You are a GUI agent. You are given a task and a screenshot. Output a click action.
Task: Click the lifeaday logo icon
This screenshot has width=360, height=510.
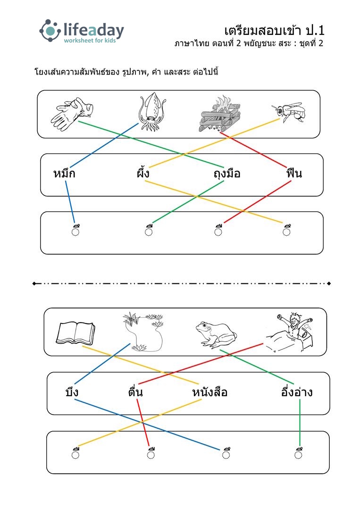point(50,31)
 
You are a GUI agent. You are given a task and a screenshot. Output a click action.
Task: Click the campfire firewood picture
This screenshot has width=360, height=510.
point(219,114)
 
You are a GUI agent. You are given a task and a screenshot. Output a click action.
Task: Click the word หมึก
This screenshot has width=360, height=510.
point(64,173)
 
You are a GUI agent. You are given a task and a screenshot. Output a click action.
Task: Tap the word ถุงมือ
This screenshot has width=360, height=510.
point(227,174)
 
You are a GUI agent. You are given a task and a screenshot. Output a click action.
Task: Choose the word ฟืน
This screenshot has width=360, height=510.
point(294,172)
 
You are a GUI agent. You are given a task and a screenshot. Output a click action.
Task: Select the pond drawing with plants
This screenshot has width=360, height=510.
point(143,332)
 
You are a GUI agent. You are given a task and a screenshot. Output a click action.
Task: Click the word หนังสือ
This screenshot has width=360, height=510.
point(209,392)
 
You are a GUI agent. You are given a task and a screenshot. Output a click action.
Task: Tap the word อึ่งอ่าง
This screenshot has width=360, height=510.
point(297,391)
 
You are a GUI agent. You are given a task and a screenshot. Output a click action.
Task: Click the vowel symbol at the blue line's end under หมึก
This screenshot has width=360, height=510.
point(75,229)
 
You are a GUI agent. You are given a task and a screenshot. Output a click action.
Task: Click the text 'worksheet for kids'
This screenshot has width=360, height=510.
point(90,41)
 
